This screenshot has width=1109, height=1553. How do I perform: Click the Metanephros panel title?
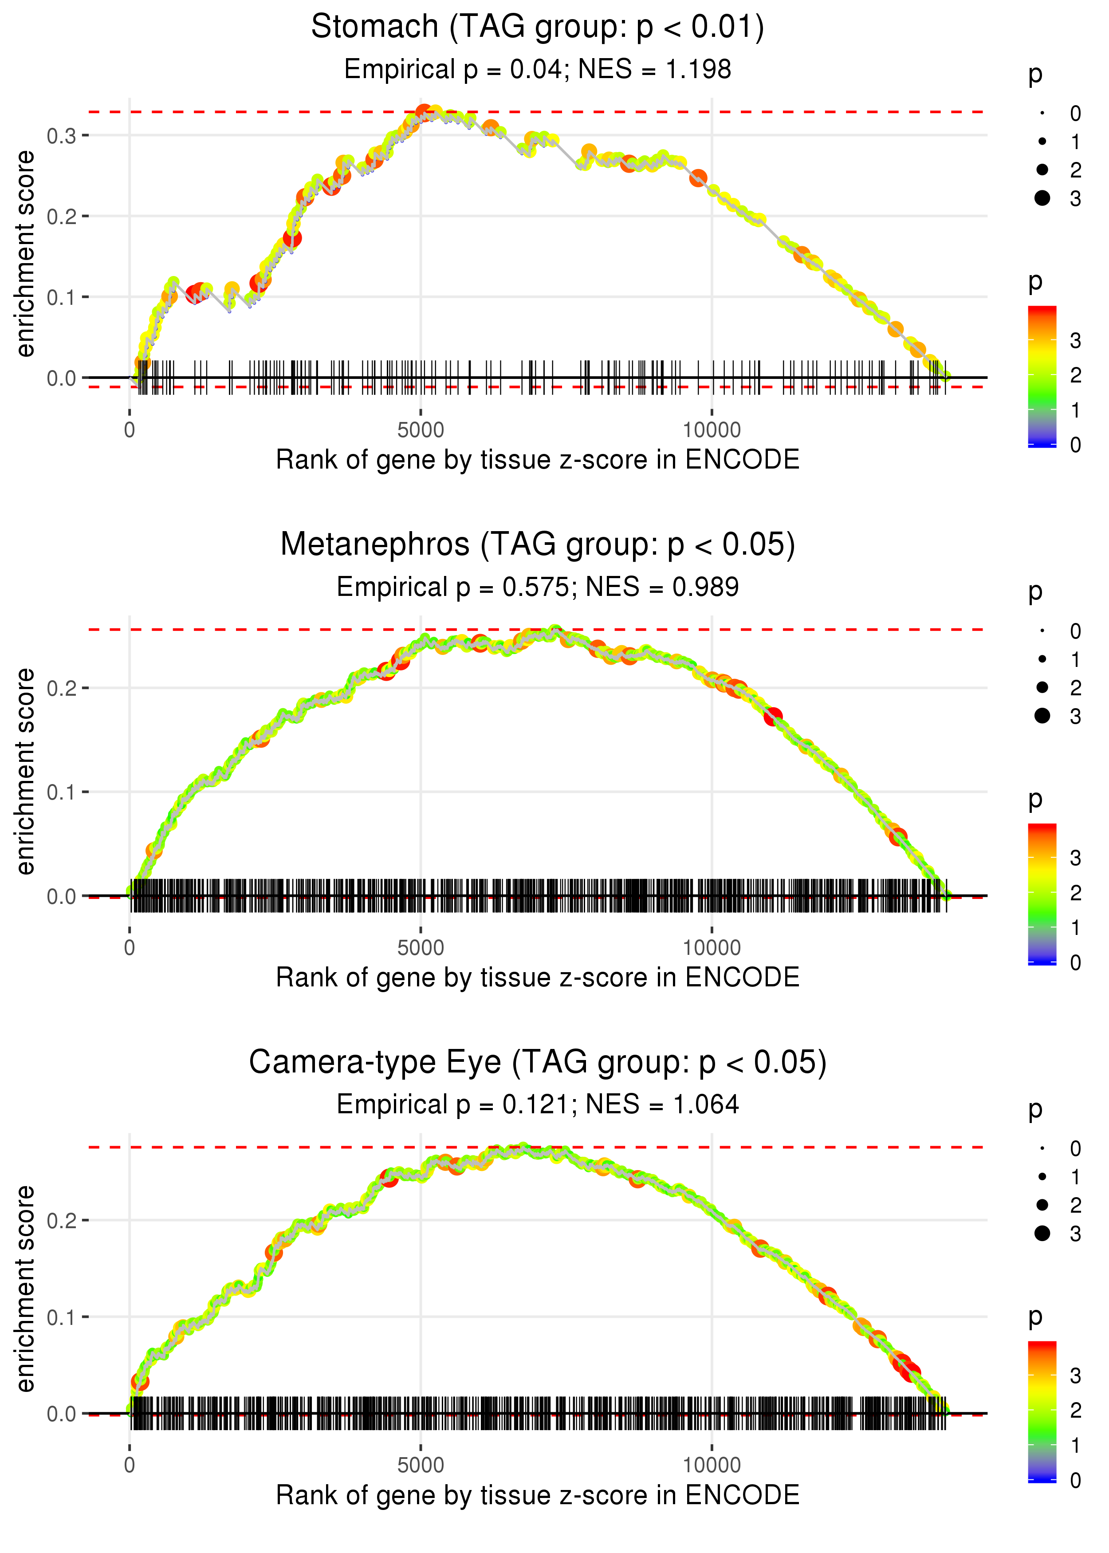click(x=538, y=545)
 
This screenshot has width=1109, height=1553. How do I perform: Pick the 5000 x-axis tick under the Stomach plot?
click(x=421, y=430)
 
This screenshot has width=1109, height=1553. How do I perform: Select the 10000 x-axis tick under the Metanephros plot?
click(x=712, y=948)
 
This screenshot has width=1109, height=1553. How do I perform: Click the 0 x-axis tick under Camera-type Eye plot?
click(x=130, y=1466)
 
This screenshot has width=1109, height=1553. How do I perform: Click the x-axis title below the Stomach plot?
click(x=538, y=460)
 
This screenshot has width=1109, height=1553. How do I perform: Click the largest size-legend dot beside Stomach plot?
click(x=1042, y=198)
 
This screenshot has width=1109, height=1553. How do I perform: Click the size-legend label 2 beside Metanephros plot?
click(x=1076, y=688)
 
